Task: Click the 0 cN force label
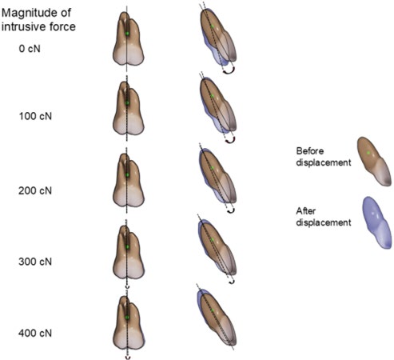pos(30,49)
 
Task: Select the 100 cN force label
pos(35,116)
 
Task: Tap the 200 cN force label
pos(35,190)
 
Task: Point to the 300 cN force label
pos(35,262)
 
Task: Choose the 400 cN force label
pos(35,333)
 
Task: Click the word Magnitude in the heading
pos(37,14)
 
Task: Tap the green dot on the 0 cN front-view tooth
pos(127,34)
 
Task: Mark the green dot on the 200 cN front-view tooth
pos(127,175)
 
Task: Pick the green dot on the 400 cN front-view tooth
pos(127,318)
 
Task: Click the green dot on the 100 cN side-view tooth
pos(213,96)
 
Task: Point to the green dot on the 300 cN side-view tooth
pos(213,239)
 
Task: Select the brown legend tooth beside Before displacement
pos(374,162)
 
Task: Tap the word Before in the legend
pos(310,151)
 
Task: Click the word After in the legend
pos(306,211)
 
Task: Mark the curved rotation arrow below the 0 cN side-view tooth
pos(229,72)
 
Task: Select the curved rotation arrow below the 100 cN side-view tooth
pos(230,142)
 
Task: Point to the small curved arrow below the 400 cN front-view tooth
pos(128,358)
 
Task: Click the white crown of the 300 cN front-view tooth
pos(129,268)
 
